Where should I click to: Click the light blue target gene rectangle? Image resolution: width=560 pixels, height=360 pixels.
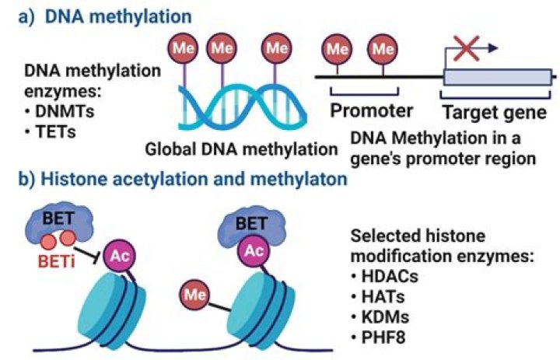pyautogui.click(x=497, y=76)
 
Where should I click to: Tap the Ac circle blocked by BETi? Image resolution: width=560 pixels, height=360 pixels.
pyautogui.click(x=114, y=254)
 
